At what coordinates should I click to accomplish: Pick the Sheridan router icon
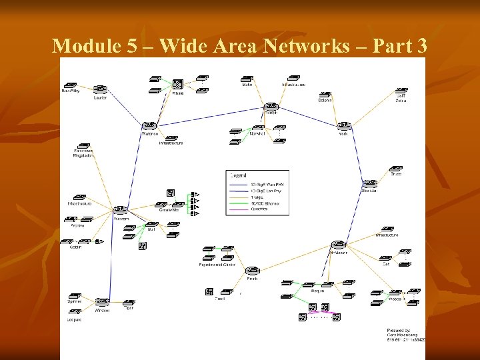369,183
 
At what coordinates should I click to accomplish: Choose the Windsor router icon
102,301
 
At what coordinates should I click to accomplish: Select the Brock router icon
252,270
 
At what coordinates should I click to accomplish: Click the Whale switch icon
178,85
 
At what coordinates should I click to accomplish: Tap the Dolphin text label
325,101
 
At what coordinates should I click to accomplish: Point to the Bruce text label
396,175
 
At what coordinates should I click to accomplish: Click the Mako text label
247,85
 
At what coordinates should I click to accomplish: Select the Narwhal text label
257,133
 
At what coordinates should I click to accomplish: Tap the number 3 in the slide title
421,46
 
